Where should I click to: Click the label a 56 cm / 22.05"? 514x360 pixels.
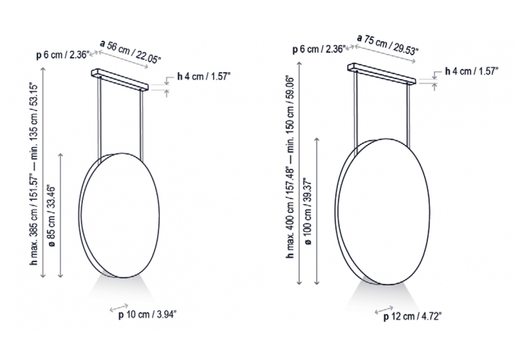pyautogui.click(x=130, y=51)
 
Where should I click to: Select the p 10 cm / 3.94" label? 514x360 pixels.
pyautogui.click(x=147, y=315)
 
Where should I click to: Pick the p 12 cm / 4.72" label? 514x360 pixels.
pyautogui.click(x=412, y=317)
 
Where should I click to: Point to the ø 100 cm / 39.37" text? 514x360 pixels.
pyautogui.click(x=308, y=211)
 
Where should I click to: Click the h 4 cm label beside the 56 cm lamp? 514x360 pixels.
pyautogui.click(x=204, y=77)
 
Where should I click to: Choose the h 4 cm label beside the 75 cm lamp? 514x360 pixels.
pyautogui.click(x=471, y=71)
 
